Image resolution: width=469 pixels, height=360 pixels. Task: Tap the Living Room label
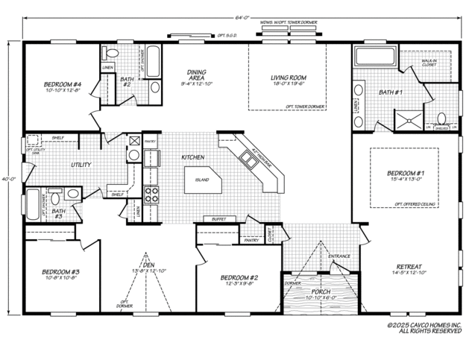coord(289,78)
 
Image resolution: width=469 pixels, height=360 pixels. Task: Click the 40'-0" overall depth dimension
coord(6,179)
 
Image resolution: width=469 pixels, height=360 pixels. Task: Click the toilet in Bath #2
coord(112,53)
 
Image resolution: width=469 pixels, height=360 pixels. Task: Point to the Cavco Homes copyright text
coord(424,328)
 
